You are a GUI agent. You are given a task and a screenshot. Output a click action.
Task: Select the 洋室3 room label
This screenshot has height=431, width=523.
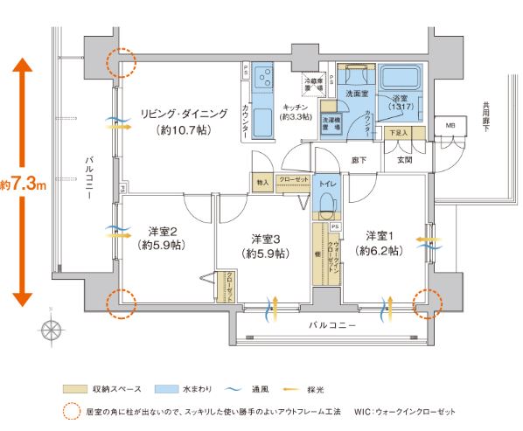click(x=265, y=238)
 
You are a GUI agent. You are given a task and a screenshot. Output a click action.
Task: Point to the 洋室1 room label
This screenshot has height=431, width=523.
click(x=380, y=236)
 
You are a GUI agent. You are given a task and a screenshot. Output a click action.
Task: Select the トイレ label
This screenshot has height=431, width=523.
click(x=326, y=185)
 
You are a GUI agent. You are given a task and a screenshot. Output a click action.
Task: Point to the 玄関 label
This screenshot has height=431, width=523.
click(x=404, y=161)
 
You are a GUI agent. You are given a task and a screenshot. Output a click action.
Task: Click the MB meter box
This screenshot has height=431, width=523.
click(x=450, y=125)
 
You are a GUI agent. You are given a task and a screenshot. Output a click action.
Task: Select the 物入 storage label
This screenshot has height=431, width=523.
click(x=261, y=182)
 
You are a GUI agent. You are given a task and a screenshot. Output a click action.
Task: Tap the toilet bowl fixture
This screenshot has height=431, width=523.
click(x=326, y=207)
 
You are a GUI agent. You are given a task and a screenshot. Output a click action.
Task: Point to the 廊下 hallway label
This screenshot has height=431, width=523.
click(x=359, y=160)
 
